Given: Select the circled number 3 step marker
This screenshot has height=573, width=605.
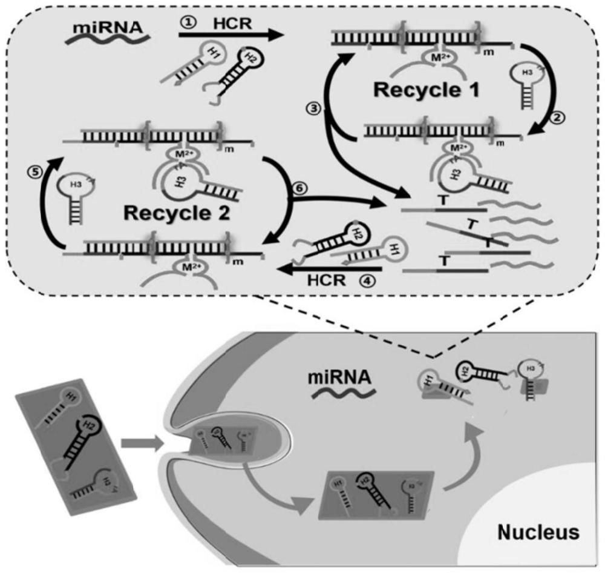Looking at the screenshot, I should (x=313, y=110).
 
